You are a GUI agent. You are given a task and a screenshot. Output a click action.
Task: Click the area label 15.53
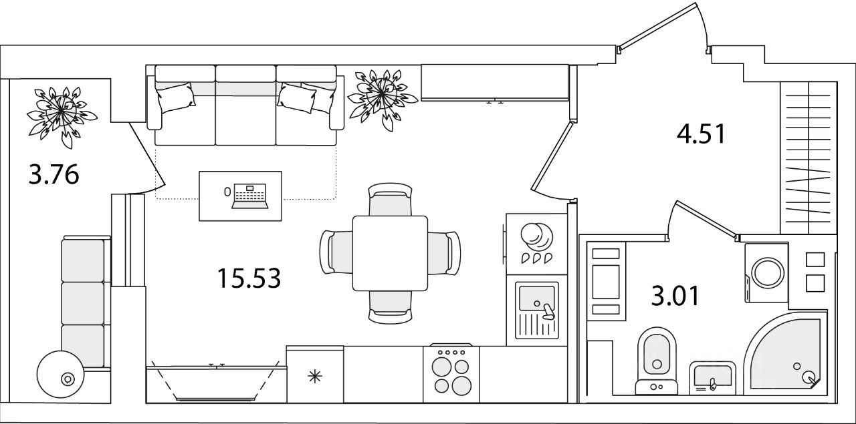(249, 278)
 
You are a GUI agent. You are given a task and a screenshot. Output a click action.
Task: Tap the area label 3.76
(54, 174)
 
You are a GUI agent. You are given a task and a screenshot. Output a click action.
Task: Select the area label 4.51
(701, 134)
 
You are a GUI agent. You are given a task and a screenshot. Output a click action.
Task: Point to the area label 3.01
(675, 296)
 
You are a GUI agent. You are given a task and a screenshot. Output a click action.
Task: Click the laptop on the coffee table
(249, 196)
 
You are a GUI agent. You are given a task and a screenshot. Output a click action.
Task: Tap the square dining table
(390, 253)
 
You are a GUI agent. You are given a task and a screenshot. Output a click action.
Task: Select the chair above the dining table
(390, 199)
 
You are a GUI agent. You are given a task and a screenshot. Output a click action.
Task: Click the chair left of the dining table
(336, 252)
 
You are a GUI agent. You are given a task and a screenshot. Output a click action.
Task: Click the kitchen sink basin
(536, 298)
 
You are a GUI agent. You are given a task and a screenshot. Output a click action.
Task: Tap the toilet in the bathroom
(657, 361)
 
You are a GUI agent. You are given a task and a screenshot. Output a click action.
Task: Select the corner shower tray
(785, 354)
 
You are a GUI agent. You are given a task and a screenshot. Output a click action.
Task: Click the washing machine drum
(768, 273)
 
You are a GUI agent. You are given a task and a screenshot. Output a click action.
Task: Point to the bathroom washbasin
(712, 378)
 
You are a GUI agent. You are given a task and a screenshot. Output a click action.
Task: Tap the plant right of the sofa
(382, 99)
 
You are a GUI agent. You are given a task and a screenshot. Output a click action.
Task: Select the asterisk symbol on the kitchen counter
(315, 377)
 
